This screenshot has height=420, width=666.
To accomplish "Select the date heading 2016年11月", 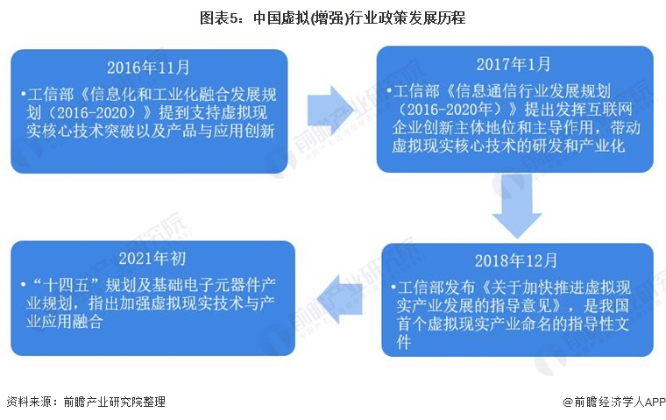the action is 148,68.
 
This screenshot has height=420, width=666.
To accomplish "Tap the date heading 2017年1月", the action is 514,65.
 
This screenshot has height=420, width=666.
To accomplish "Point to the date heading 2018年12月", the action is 515,260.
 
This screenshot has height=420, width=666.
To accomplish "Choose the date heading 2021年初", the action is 152,258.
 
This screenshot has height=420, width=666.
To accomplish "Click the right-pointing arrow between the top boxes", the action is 330,110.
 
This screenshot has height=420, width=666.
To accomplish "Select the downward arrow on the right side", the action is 517,205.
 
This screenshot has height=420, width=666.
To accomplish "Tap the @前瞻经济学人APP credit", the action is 614,402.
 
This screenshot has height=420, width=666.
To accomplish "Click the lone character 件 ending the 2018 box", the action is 403,342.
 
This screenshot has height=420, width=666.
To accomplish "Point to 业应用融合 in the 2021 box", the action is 65,322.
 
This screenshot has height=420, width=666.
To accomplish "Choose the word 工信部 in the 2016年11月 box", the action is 51,95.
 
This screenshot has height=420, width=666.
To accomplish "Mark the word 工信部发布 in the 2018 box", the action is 436,288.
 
